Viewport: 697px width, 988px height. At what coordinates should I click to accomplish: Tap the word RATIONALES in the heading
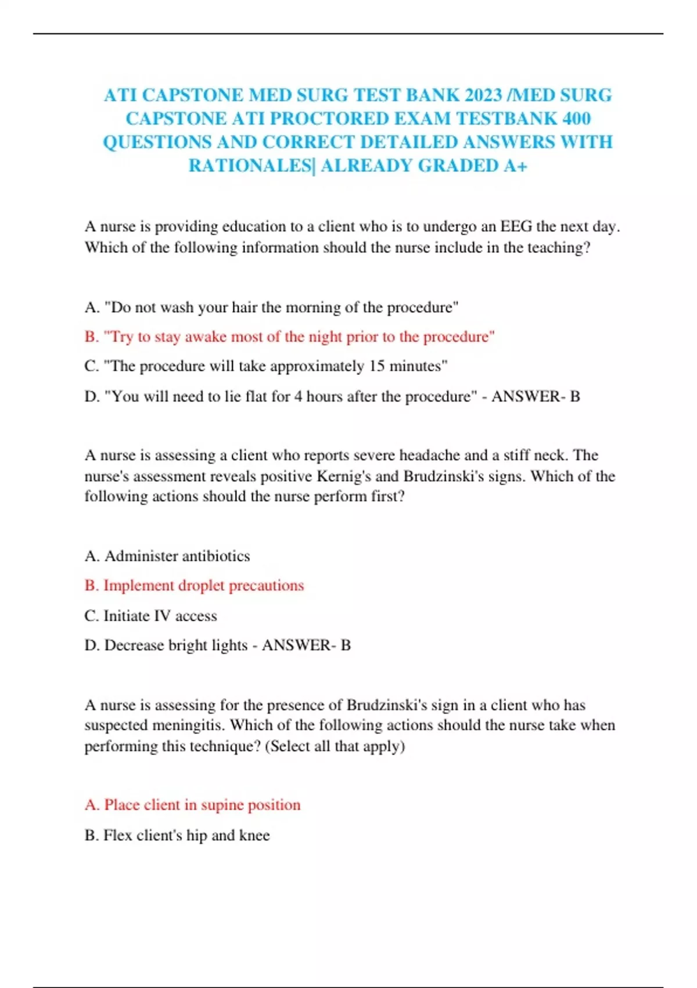click(250, 166)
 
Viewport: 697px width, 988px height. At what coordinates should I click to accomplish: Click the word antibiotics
click(215, 556)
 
